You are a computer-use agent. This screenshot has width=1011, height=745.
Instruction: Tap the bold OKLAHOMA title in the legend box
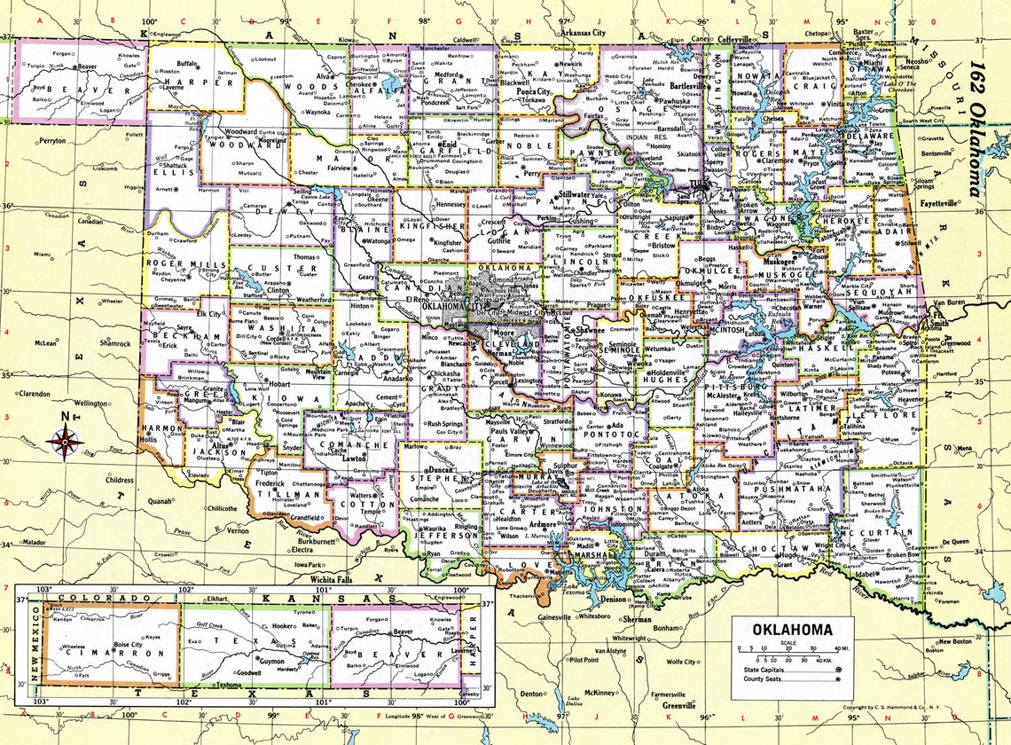click(792, 630)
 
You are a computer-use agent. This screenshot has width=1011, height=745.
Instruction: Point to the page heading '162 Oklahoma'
click(976, 129)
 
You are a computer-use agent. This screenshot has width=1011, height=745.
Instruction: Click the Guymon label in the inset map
click(271, 661)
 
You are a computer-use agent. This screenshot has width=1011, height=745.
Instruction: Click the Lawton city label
click(355, 459)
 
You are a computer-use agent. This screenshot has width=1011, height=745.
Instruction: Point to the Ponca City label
click(532, 91)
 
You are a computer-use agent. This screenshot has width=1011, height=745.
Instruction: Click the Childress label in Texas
click(117, 479)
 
